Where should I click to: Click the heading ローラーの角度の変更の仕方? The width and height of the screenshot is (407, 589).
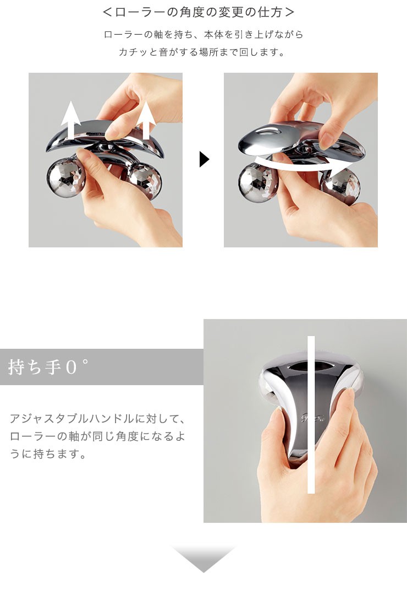199,11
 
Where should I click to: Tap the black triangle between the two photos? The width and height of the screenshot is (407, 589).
204,160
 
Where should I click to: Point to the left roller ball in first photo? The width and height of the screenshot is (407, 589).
63,177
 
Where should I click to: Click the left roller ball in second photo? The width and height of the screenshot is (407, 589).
254,183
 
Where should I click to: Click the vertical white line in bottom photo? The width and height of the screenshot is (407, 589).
311,413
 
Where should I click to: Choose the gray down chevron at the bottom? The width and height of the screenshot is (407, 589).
203,559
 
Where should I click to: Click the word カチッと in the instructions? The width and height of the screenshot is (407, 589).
138,53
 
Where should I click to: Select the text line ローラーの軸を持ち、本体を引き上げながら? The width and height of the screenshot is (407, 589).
204,34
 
